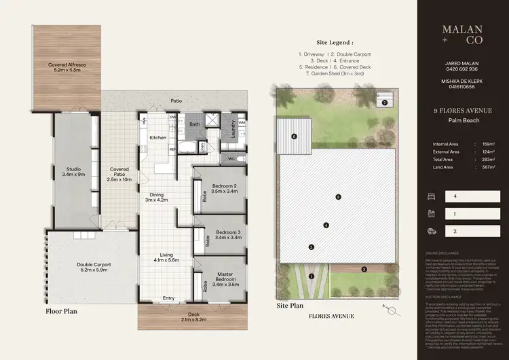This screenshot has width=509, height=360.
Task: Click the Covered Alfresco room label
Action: pyautogui.click(x=66, y=68)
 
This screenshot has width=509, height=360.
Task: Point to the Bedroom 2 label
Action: pyautogui.click(x=223, y=189)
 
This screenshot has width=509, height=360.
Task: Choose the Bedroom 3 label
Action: pyautogui.click(x=223, y=235)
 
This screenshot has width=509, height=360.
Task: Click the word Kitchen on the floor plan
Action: pyautogui.click(x=158, y=138)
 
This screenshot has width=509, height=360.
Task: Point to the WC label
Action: pyautogui.click(x=231, y=159)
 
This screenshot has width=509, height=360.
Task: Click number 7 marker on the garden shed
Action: pyautogui.click(x=384, y=103)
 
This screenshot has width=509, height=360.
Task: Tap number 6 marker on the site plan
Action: pyautogui.click(x=295, y=137)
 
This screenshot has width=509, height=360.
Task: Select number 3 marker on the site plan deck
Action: pyautogui.click(x=363, y=270)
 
